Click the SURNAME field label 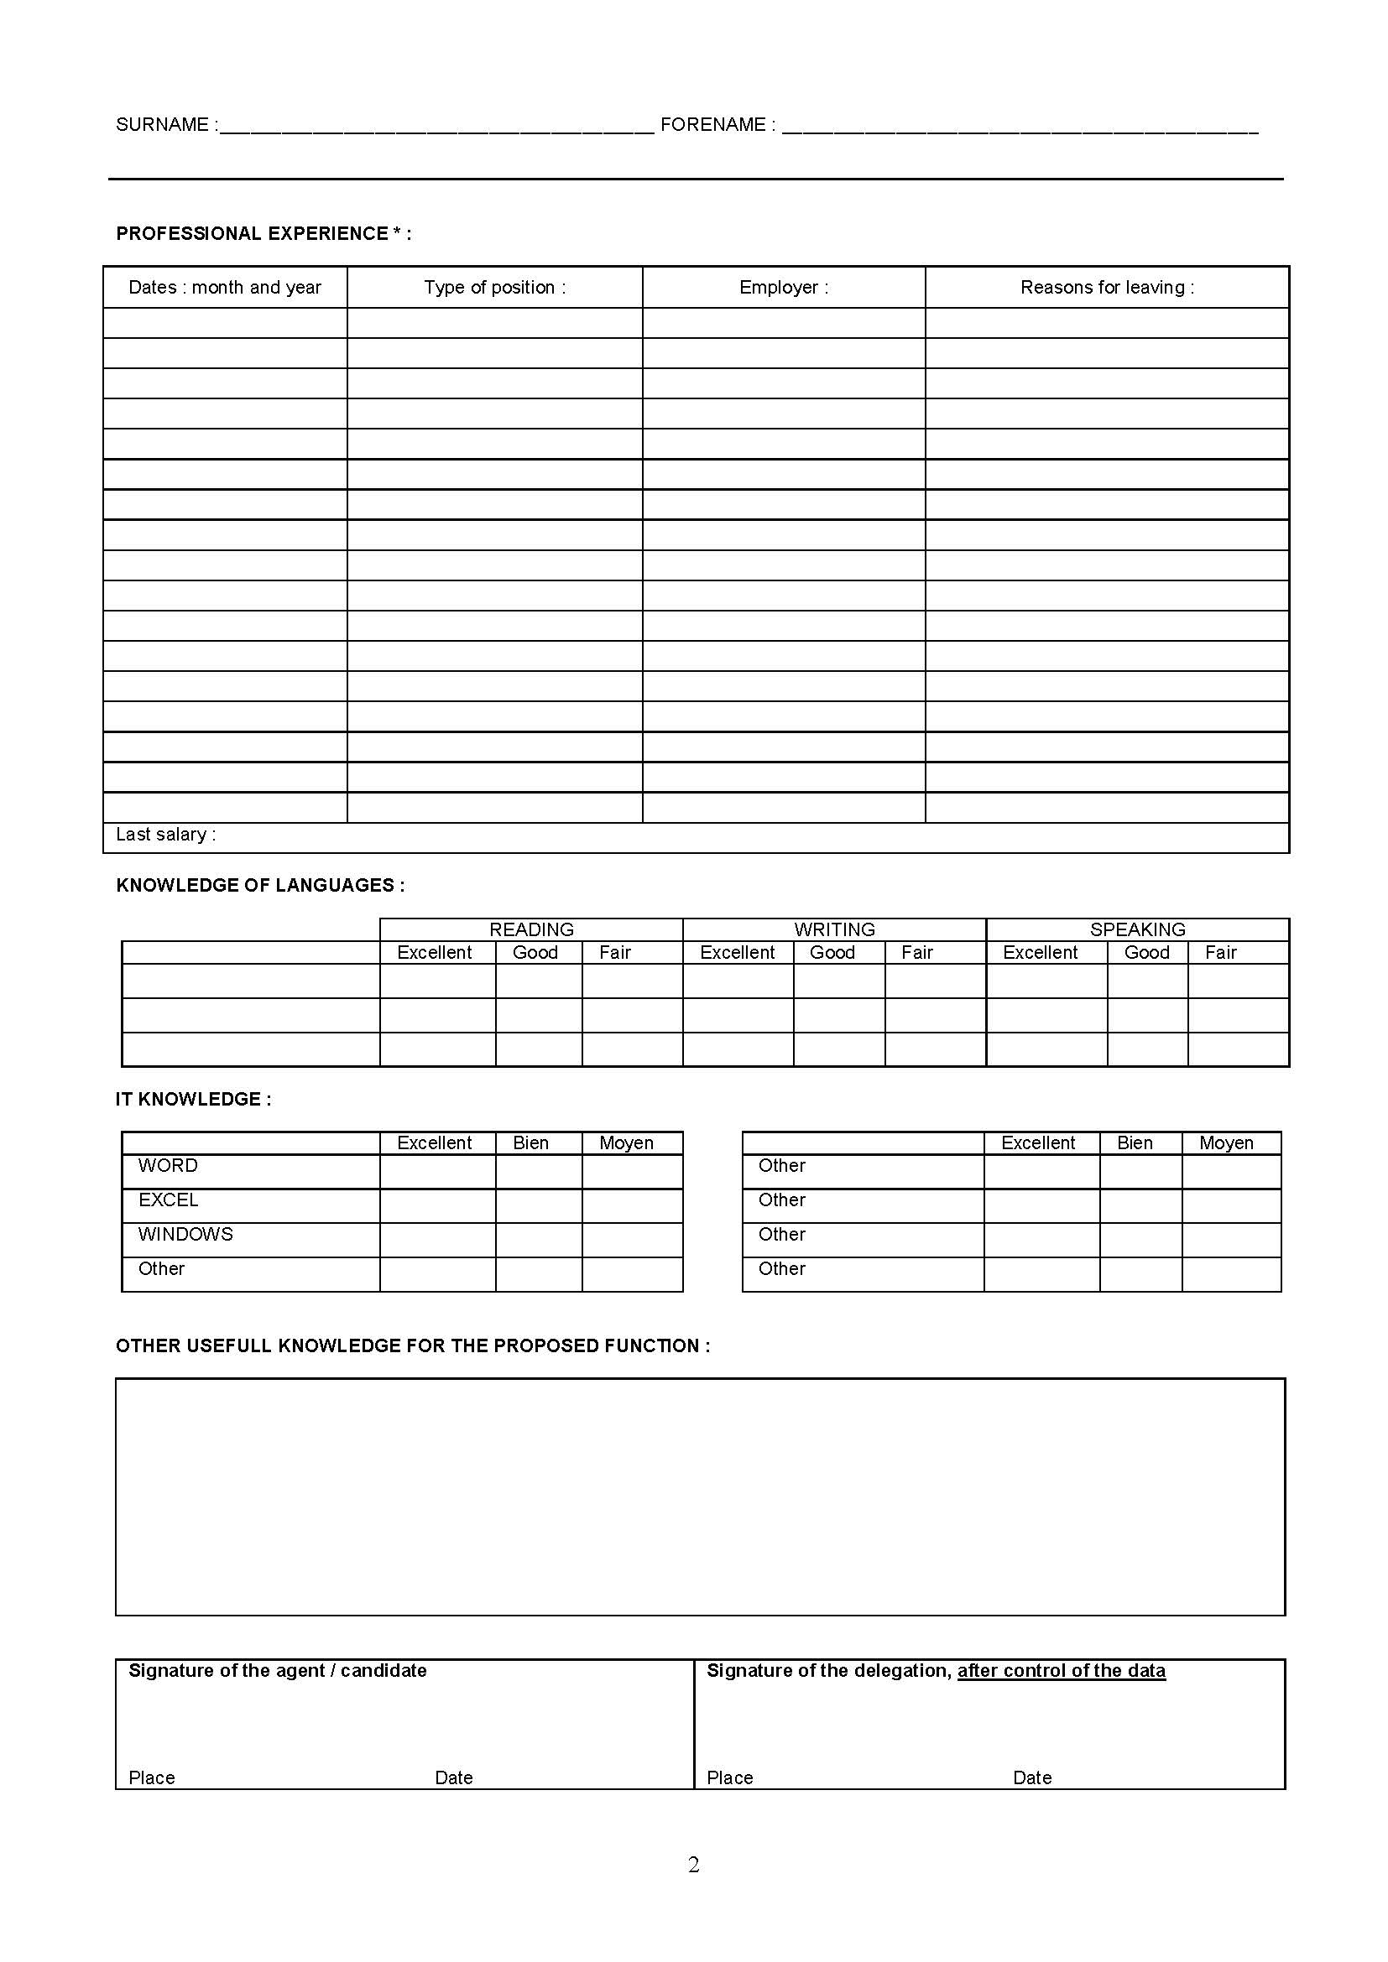coord(163,125)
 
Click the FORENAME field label coord(713,125)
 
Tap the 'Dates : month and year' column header coord(225,288)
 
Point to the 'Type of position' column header coord(495,288)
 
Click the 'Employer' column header coord(784,288)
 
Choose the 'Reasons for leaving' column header coord(1107,288)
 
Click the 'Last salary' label coord(166,835)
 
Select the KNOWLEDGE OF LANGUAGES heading coord(260,885)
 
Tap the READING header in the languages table coord(530,929)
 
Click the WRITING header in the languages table coord(834,929)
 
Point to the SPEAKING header coord(1137,929)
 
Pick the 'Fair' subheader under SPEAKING coord(1220,953)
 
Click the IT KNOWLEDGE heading coord(193,1100)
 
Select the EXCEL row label coord(169,1200)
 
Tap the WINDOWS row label coord(185,1235)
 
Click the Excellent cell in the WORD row coord(436,1172)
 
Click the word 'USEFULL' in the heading coord(228,1345)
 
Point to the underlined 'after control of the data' coord(1061,1671)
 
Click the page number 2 coord(693,1865)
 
